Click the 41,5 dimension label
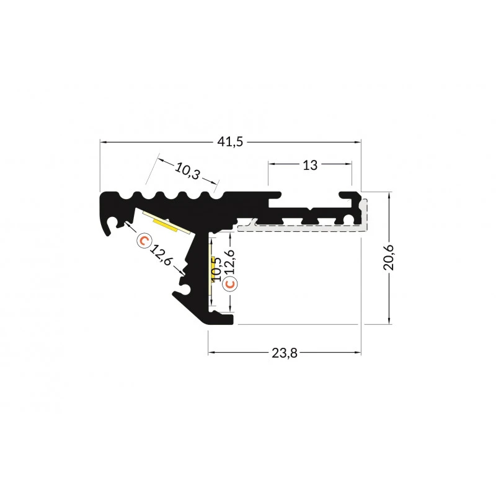click(x=230, y=142)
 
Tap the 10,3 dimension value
click(x=187, y=171)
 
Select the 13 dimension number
click(x=309, y=165)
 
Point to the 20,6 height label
click(x=389, y=257)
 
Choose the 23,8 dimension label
click(x=285, y=353)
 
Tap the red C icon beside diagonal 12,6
click(x=144, y=241)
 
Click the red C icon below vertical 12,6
click(x=229, y=284)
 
